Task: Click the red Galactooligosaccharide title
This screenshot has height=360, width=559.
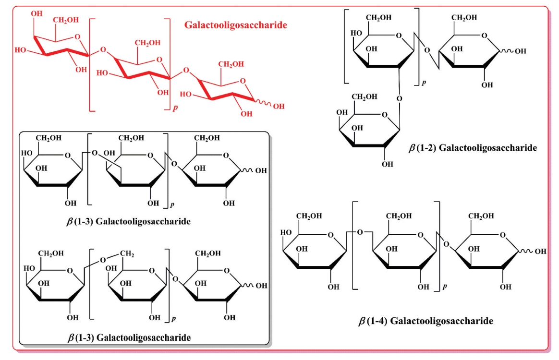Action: coord(235,24)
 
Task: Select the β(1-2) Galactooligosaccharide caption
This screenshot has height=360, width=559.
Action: coord(473,148)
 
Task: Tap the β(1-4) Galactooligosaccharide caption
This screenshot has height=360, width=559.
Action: coord(426,321)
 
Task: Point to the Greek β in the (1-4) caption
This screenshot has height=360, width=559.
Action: coord(363,321)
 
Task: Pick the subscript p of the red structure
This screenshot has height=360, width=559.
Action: coord(175,108)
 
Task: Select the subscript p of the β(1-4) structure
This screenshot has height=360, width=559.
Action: coord(445,287)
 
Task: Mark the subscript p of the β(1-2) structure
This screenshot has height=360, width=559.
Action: coord(424,83)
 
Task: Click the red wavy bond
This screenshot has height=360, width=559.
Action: coord(264,104)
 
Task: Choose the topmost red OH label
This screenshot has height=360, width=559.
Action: coord(36,13)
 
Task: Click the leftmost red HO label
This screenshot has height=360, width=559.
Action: coord(20,49)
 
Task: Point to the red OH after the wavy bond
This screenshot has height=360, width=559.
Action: coord(279,106)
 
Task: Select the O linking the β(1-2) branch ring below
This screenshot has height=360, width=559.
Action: coord(400,99)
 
